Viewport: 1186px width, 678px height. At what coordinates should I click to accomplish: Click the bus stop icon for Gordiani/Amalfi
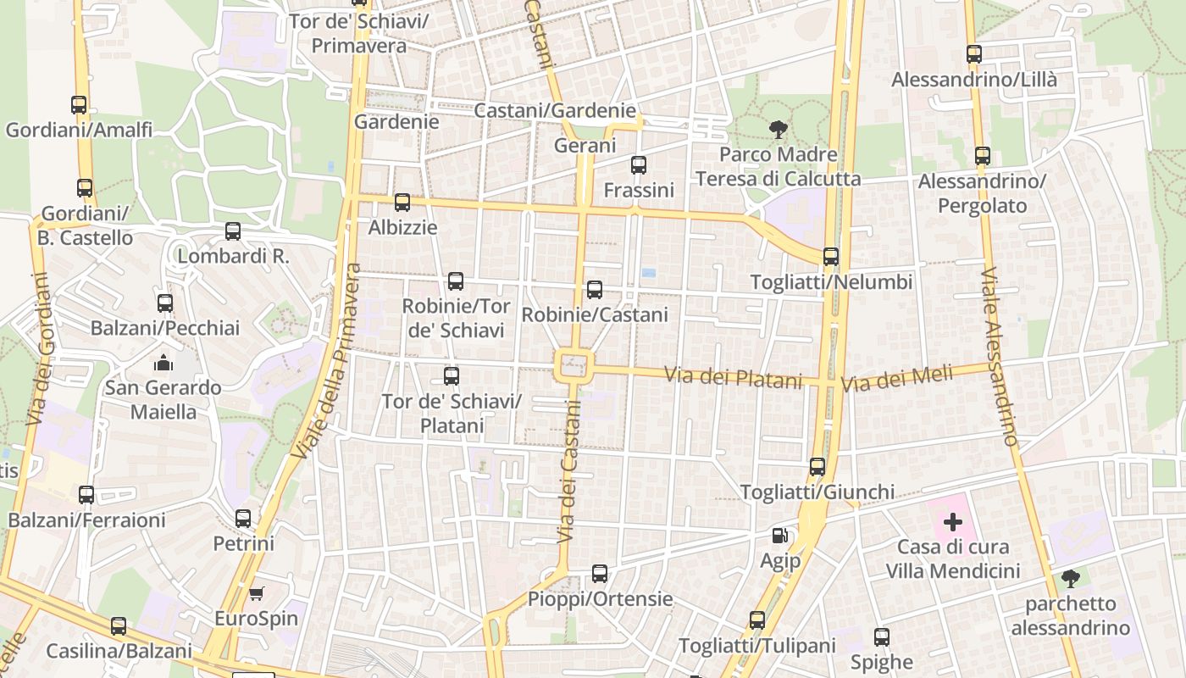click(x=79, y=105)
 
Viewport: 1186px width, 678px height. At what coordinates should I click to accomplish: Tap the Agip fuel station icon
click(x=779, y=536)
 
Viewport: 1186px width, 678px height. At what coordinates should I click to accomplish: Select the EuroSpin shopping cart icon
click(x=256, y=593)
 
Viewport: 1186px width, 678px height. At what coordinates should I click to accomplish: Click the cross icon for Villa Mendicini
click(x=953, y=522)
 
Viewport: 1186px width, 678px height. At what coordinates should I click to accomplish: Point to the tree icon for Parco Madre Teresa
click(x=778, y=130)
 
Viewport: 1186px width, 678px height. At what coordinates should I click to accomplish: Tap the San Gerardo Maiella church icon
click(x=163, y=364)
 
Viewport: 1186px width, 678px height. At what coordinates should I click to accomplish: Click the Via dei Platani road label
click(x=733, y=377)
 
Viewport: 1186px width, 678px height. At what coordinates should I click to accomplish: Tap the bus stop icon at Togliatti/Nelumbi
click(x=831, y=257)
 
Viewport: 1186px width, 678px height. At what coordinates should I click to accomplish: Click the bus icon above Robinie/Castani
click(x=595, y=290)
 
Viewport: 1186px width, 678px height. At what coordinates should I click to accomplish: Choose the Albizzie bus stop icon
click(x=402, y=203)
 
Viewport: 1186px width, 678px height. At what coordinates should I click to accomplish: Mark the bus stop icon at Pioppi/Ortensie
click(x=600, y=574)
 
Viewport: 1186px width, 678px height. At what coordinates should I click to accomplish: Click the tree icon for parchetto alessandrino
click(x=1071, y=579)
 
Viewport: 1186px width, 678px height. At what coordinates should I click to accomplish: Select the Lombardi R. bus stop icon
click(x=233, y=231)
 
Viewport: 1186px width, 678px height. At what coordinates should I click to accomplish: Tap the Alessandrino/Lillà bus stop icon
click(x=974, y=54)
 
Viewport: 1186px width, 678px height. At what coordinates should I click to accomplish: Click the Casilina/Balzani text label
click(x=119, y=652)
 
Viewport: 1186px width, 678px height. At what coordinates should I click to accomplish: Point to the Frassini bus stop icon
click(x=639, y=165)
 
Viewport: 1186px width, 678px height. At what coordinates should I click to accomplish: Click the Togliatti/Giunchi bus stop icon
click(x=817, y=467)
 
